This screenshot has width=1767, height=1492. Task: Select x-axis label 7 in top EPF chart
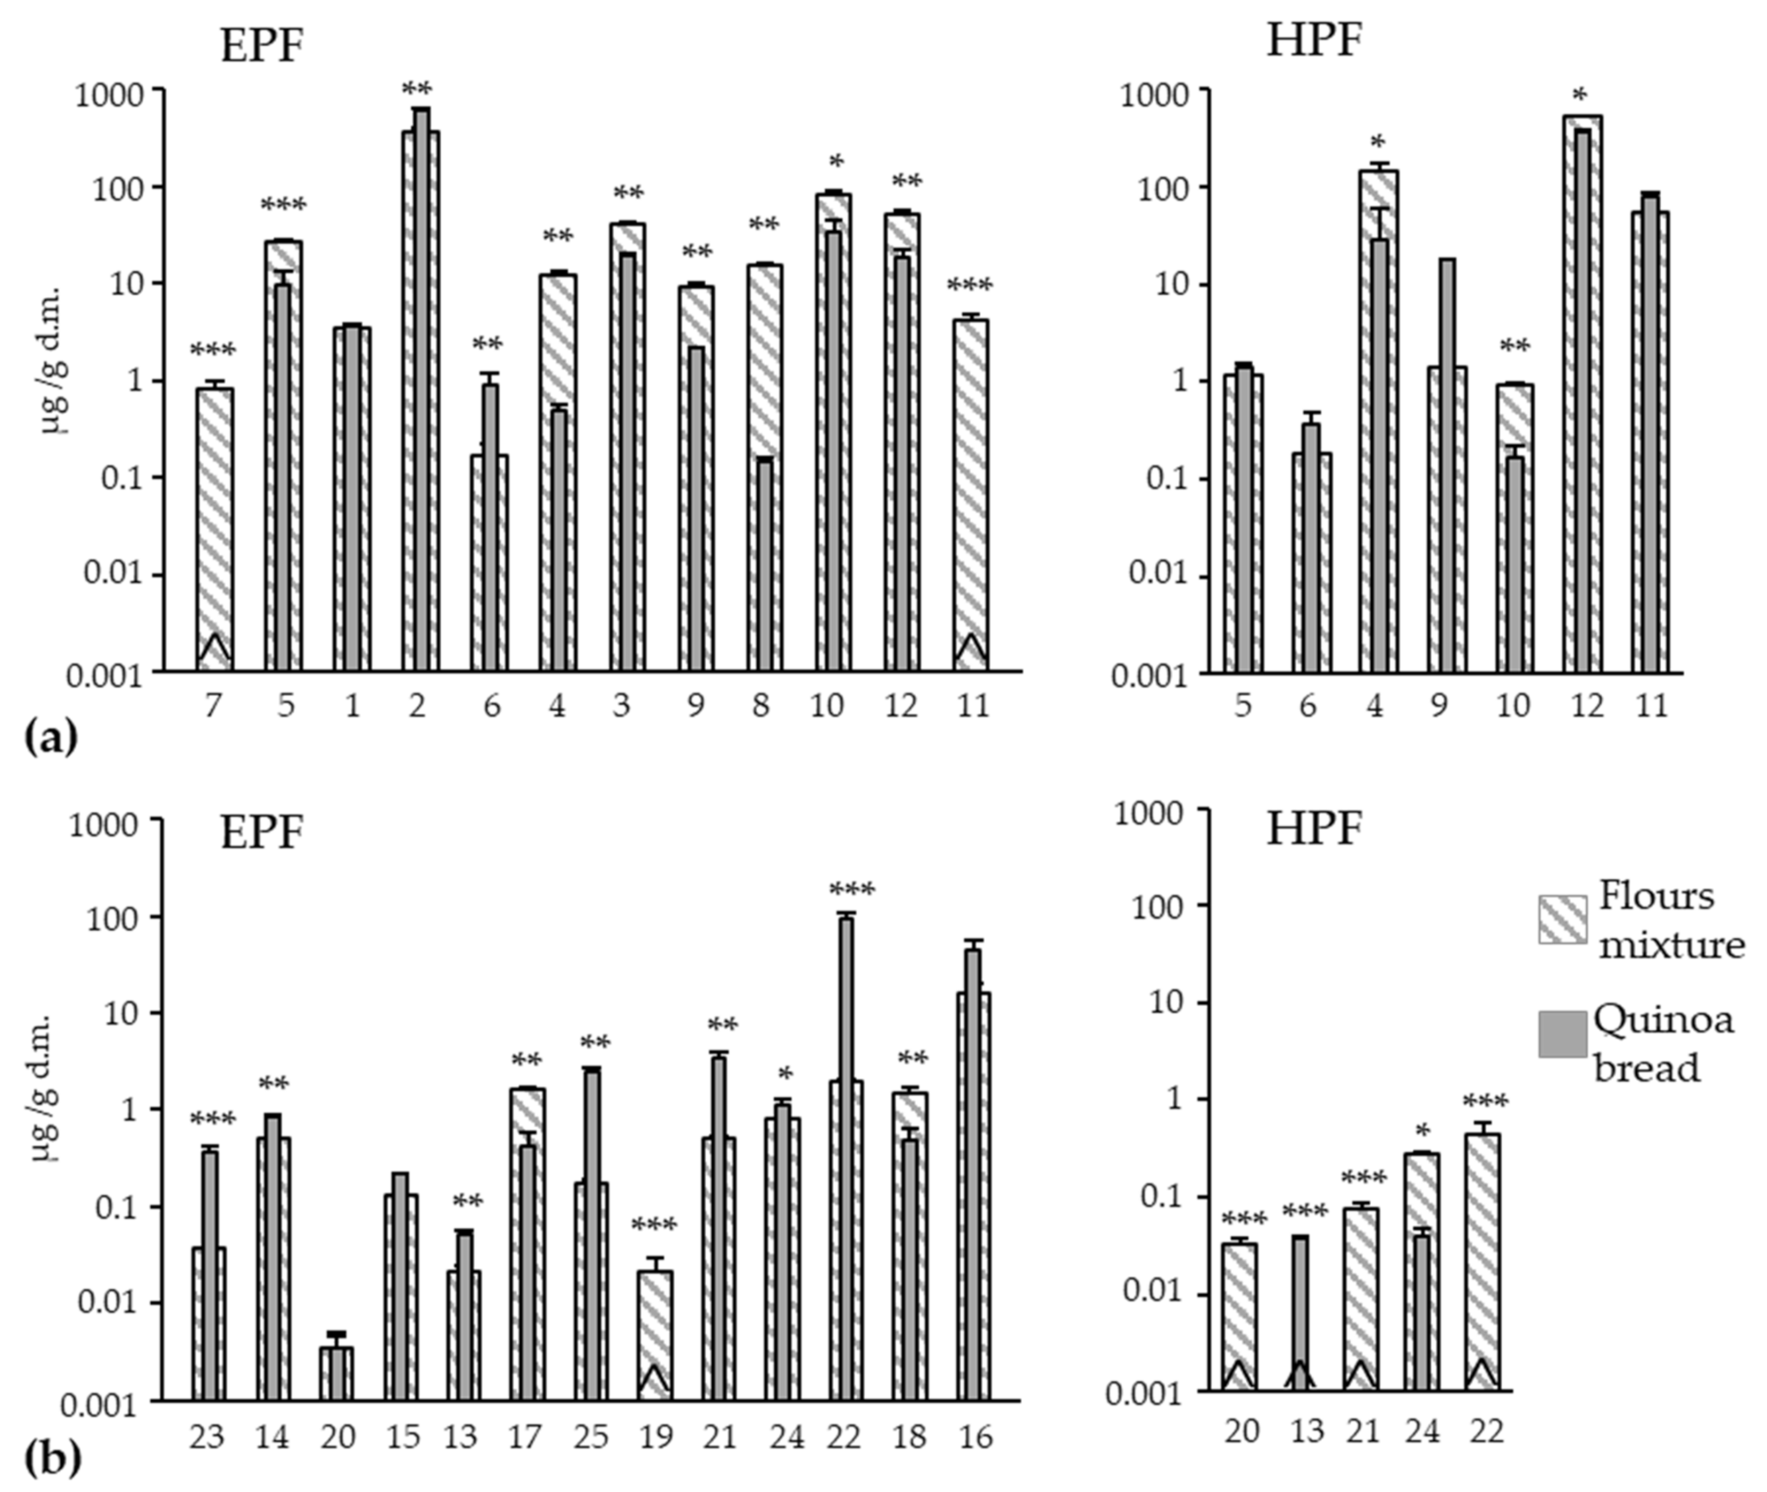pos(213,705)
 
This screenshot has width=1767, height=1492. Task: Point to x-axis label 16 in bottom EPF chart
pos(976,1436)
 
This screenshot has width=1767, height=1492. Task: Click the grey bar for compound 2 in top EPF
pos(421,391)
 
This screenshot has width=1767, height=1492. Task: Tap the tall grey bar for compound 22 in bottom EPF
pos(846,1155)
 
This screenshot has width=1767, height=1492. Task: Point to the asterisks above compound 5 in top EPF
pos(283,206)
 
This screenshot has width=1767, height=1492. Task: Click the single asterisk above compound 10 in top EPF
pos(836,162)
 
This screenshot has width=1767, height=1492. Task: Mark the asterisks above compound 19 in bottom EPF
pos(654,1225)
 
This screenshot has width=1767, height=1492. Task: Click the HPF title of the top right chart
pos(1314,41)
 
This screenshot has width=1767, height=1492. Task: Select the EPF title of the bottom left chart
pos(261,831)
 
